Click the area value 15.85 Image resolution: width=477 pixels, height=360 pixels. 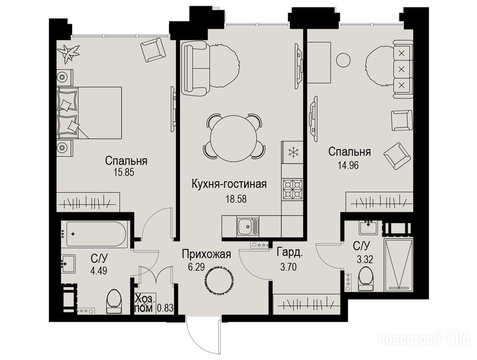[x=124, y=172]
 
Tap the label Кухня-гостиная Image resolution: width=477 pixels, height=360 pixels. [x=229, y=184]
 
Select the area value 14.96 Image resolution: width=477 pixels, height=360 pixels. [x=348, y=165]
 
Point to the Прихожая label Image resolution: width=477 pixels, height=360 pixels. [x=207, y=254]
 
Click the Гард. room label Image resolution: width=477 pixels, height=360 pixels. [x=290, y=252]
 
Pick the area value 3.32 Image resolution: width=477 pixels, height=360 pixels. [x=365, y=260]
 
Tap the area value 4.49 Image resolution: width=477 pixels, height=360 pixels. [x=98, y=270]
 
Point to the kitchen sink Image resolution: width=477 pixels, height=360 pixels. [x=247, y=226]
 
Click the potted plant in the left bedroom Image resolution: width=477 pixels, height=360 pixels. [x=69, y=53]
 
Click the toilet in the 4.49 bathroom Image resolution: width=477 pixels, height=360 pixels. [x=114, y=301]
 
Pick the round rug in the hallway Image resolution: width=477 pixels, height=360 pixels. [x=219, y=280]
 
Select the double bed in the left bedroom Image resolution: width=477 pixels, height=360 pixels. [x=89, y=113]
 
